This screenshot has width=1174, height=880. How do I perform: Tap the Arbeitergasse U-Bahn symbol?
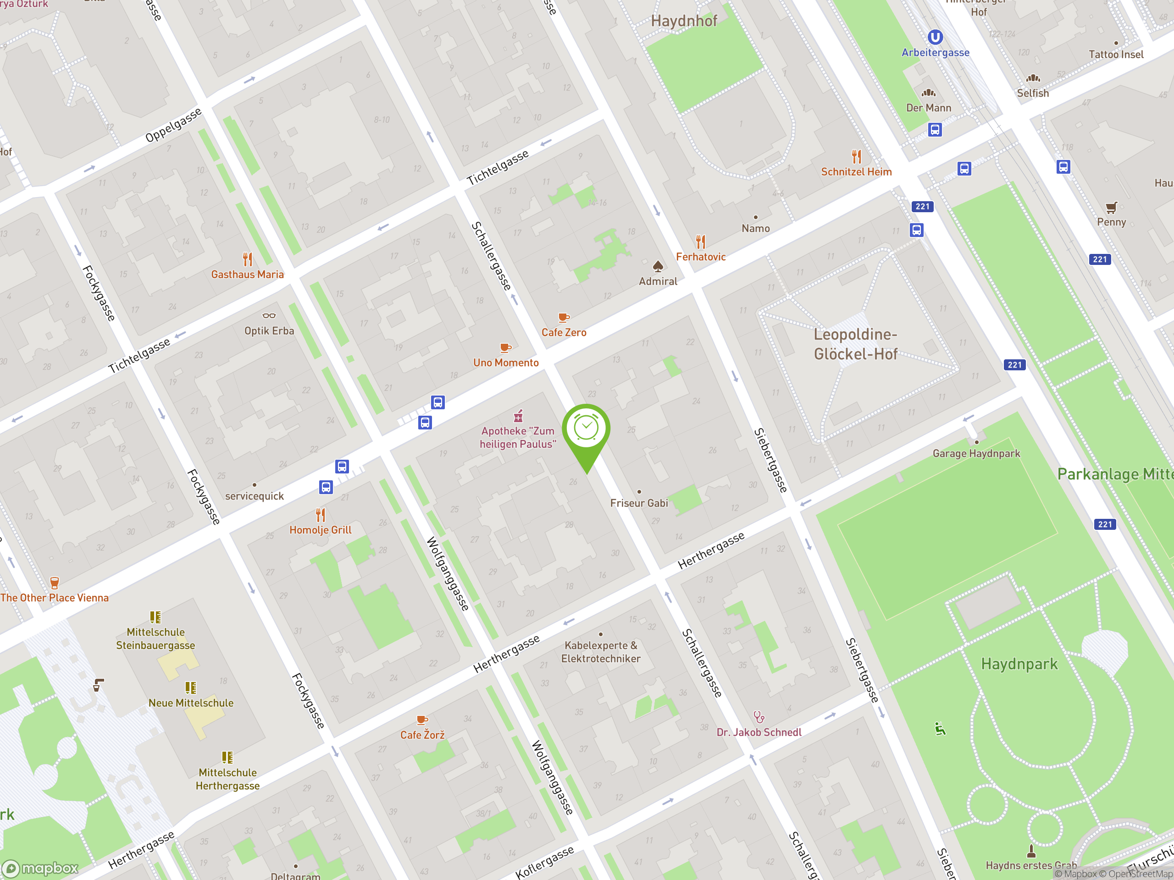(x=935, y=37)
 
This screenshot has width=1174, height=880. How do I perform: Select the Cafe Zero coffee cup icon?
(x=564, y=318)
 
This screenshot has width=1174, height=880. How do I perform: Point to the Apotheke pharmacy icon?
(x=519, y=415)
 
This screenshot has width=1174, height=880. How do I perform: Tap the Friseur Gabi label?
(x=638, y=503)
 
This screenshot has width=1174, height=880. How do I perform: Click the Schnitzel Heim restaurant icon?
(x=857, y=156)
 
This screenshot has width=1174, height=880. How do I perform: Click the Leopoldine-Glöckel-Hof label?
(x=856, y=344)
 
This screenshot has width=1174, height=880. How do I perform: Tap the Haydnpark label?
(x=1019, y=664)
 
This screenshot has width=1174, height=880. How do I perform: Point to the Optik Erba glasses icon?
(x=269, y=316)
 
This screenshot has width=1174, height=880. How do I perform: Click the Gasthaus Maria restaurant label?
(x=247, y=275)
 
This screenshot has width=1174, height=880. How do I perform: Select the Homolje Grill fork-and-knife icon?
(x=321, y=515)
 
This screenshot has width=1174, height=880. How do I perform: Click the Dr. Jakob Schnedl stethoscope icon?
(x=759, y=717)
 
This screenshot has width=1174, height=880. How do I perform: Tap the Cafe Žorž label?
(x=422, y=735)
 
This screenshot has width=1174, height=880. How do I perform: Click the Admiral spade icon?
(x=658, y=266)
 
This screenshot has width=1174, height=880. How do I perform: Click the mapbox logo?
(x=41, y=869)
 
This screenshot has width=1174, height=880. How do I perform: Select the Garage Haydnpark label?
(x=976, y=454)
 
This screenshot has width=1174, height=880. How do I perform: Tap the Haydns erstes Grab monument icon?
(x=1031, y=851)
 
